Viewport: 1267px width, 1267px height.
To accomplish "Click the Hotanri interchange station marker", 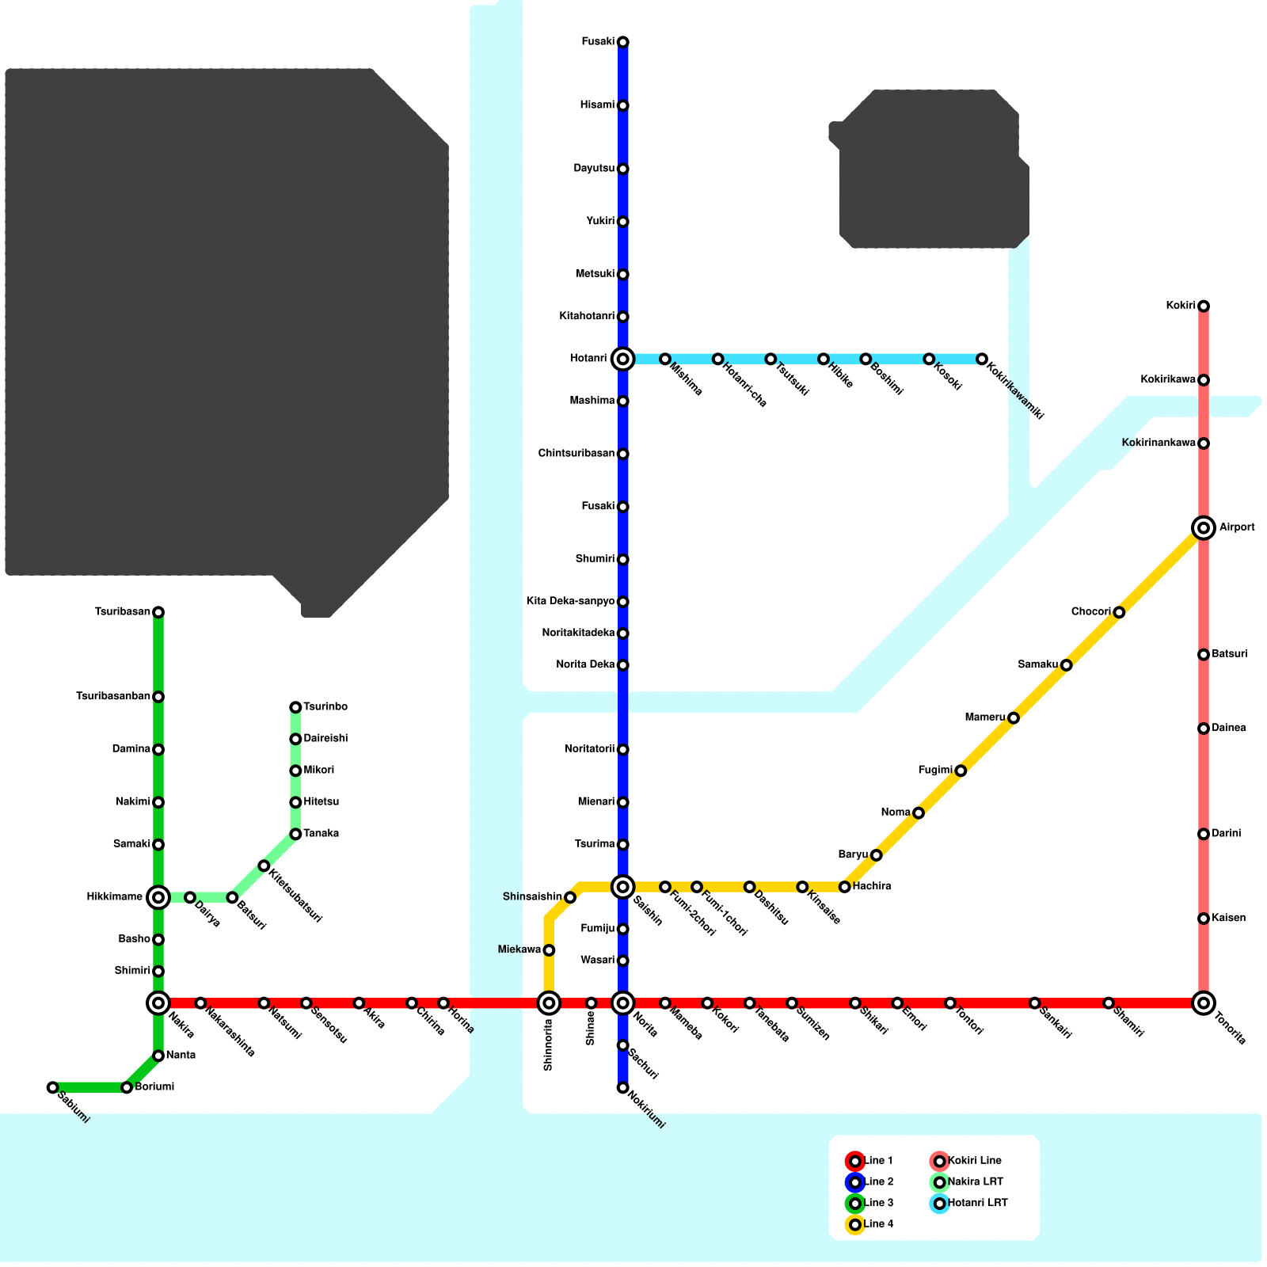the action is coord(623,360).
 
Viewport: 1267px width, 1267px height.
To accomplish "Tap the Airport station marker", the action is coord(1204,527).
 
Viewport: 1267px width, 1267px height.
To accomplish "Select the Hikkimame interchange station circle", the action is coord(158,897).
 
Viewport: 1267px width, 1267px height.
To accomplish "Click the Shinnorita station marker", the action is coord(549,1003).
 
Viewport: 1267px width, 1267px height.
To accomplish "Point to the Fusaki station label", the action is coord(598,42).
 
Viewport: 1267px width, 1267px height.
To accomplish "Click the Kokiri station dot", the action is coord(1204,306).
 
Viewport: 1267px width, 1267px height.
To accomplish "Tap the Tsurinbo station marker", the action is coord(295,707).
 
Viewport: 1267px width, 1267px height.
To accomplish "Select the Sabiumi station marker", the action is coord(53,1087).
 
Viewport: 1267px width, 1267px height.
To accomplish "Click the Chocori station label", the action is coord(1090,612).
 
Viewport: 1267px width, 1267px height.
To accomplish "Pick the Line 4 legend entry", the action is coord(870,1224).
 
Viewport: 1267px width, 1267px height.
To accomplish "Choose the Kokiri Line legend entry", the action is coord(966,1161).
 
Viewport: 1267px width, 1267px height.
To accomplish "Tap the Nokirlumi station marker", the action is coord(623,1088).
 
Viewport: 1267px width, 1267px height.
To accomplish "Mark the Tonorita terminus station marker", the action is coord(1204,1003).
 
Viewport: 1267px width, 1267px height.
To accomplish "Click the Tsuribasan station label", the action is coord(123,612).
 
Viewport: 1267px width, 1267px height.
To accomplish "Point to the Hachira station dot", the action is coord(845,887).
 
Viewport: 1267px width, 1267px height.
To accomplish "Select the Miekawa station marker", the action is coord(549,950).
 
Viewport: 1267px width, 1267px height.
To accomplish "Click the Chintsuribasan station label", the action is coord(576,454).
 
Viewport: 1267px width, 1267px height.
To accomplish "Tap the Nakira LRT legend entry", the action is coord(967,1182).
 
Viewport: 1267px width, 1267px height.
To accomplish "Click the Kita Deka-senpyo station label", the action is coord(570,602).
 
